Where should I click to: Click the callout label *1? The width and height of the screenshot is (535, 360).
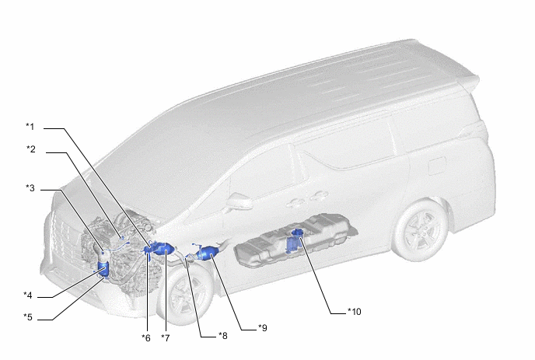coord(30,127)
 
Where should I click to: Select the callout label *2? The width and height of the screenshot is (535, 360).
coord(31,149)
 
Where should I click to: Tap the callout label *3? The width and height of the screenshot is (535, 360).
coord(30,188)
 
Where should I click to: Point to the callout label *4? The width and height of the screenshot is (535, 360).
coord(28,295)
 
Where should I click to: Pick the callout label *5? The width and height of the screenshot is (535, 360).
coord(28,317)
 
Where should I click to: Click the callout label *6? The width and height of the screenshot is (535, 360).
coord(146,337)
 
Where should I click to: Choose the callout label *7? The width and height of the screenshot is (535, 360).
coord(166,337)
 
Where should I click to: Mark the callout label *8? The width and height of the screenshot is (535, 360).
coord(223,336)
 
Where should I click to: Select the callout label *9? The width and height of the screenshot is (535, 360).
coord(262,328)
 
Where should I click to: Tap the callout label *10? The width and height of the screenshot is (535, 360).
coord(354,312)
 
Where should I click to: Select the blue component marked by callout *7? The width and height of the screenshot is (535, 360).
coord(165,249)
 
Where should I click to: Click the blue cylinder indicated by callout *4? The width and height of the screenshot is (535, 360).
coord(103,268)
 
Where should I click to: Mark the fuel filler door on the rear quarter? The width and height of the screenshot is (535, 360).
coord(437,166)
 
